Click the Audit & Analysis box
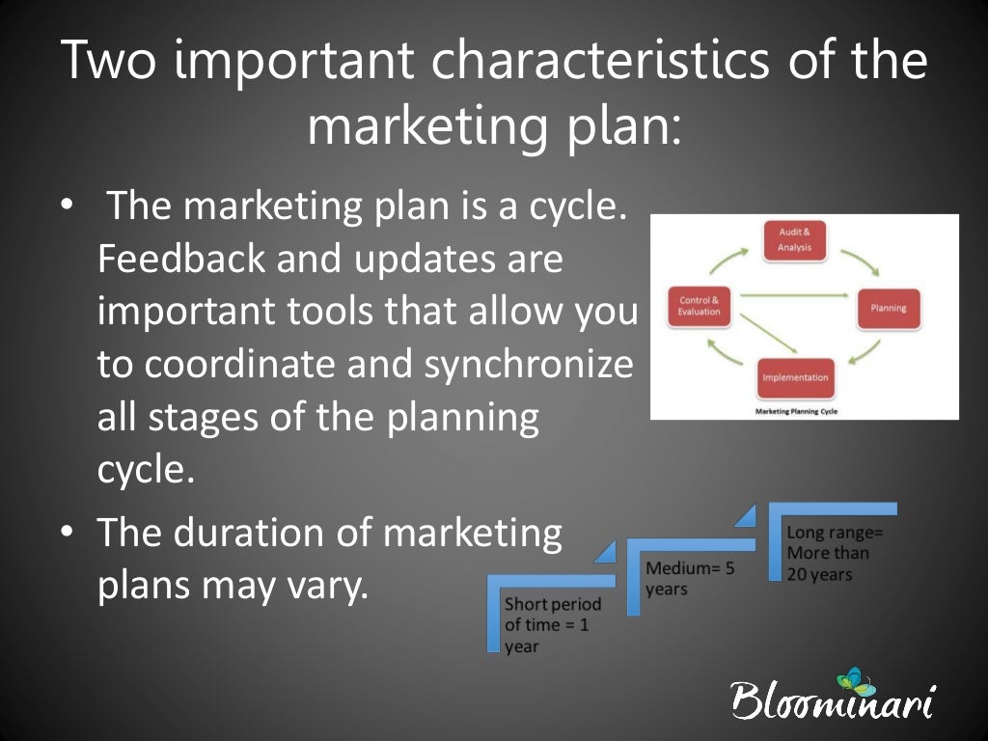tap(795, 240)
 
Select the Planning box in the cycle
tap(888, 309)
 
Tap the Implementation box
tap(795, 377)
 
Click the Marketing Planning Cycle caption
tap(795, 410)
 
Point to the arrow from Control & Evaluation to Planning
tap(793, 295)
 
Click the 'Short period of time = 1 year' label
tap(552, 625)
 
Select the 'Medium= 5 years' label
tap(689, 578)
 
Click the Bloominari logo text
tap(832, 701)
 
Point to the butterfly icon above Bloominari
tap(851, 677)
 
